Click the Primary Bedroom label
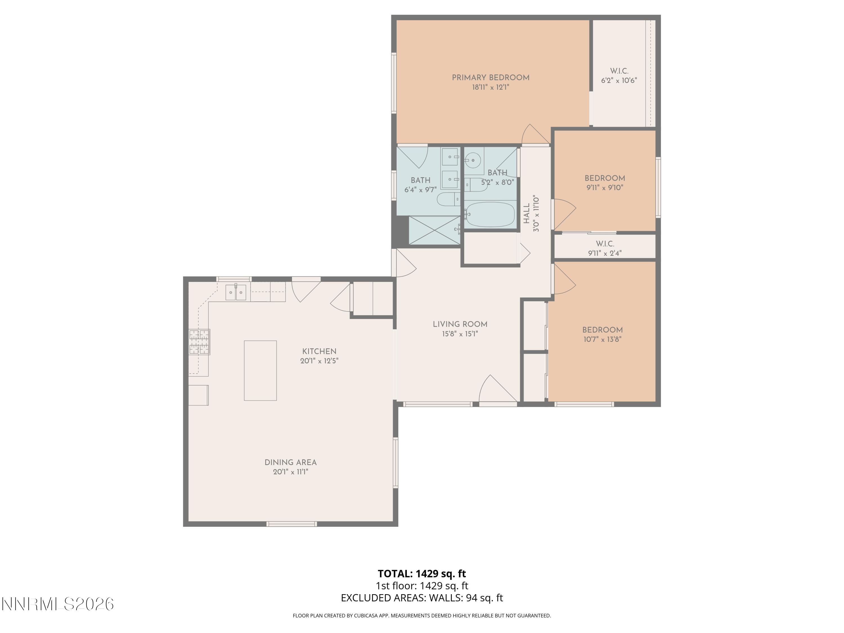[490, 77]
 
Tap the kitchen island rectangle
[260, 371]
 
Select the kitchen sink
[235, 293]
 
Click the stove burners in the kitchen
[199, 342]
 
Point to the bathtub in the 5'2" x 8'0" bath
[490, 214]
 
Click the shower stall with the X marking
[435, 230]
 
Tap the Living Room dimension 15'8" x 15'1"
[460, 334]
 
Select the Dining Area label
[290, 463]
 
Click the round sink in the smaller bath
[473, 160]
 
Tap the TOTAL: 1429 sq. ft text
[422, 573]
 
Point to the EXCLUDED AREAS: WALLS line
[422, 598]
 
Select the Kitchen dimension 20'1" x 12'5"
[319, 361]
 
